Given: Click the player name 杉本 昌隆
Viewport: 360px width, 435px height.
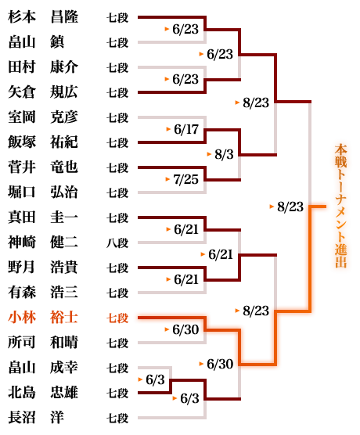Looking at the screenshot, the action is pos(43,17).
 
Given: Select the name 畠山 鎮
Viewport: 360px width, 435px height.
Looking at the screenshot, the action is pos(36,42).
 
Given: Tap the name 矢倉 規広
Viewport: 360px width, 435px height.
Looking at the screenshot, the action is pos(43,92).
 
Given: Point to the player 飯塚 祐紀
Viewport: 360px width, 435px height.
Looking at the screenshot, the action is pos(43,142).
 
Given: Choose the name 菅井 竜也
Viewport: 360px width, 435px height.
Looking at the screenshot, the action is pos(43,167).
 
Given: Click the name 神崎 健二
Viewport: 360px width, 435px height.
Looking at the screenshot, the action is pos(43,243).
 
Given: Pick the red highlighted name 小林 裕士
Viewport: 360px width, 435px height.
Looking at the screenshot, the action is pos(43,318).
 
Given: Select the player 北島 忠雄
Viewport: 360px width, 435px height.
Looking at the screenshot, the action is pos(43,393).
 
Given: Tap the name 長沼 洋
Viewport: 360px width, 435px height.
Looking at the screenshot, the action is pos(36,418).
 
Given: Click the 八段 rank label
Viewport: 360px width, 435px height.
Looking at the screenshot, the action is pos(117,243).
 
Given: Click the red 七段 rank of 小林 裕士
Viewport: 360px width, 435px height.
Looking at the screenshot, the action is pos(117,318).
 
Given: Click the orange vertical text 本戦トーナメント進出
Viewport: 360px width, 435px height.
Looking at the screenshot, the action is pos(341,206).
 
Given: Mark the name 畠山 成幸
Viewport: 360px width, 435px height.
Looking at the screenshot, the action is pos(43,368).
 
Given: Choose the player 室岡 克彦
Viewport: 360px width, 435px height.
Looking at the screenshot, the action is pos(43,117).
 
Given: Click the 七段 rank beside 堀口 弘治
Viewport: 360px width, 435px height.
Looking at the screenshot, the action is pos(117,192).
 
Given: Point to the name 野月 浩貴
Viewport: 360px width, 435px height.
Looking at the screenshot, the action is pos(43,268).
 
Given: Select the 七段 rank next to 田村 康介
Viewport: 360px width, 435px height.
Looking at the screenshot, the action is pos(117,68).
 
